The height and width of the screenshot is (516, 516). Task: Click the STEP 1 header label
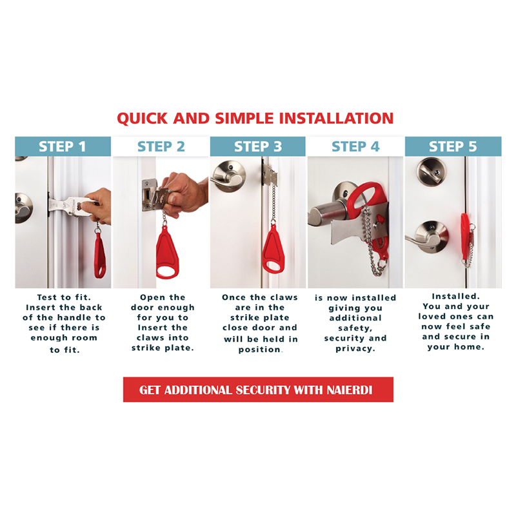(62, 146)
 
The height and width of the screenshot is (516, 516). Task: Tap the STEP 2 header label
(161, 146)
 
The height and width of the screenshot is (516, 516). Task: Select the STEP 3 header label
(257, 146)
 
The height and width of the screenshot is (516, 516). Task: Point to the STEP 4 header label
(355, 146)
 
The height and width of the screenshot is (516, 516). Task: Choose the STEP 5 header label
(453, 146)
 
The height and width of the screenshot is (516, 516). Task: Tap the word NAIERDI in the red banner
(350, 390)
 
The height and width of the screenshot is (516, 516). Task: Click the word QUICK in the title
(142, 119)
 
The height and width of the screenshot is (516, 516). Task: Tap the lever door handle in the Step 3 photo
(228, 176)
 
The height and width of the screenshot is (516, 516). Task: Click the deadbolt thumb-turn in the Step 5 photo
(431, 172)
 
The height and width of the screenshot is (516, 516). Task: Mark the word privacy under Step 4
(355, 349)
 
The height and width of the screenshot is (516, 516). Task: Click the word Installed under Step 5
(456, 297)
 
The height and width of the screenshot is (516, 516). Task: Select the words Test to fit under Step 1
(64, 297)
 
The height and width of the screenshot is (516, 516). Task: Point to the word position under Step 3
(260, 350)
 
